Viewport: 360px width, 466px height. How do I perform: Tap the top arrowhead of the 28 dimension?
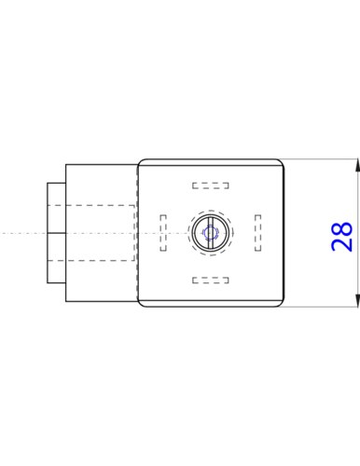[358, 165]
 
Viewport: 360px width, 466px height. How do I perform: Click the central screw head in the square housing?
[210, 232]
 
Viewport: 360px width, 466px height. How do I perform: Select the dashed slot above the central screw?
[210, 185]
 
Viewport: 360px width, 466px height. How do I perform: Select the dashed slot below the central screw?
[210, 279]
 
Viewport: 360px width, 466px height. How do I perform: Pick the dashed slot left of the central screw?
[163, 232]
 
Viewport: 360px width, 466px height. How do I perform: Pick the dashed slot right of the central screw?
[257, 232]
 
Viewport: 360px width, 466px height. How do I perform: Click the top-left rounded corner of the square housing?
[142, 163]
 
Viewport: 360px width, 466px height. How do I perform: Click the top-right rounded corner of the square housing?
[279, 163]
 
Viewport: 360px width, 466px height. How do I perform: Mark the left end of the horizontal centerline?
[4, 232]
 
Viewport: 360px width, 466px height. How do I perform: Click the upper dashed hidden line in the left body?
[93, 204]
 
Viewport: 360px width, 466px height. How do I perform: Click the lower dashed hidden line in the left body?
[93, 261]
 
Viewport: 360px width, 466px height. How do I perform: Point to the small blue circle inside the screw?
[210, 232]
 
